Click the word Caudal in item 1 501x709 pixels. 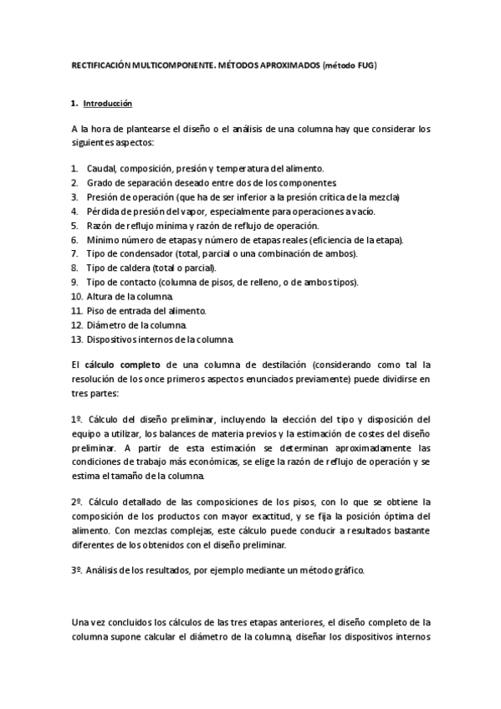[100, 168]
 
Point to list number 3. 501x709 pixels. [75, 196]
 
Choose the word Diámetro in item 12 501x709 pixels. [106, 324]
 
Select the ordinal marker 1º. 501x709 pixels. [76, 419]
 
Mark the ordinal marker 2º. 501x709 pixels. [76, 502]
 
